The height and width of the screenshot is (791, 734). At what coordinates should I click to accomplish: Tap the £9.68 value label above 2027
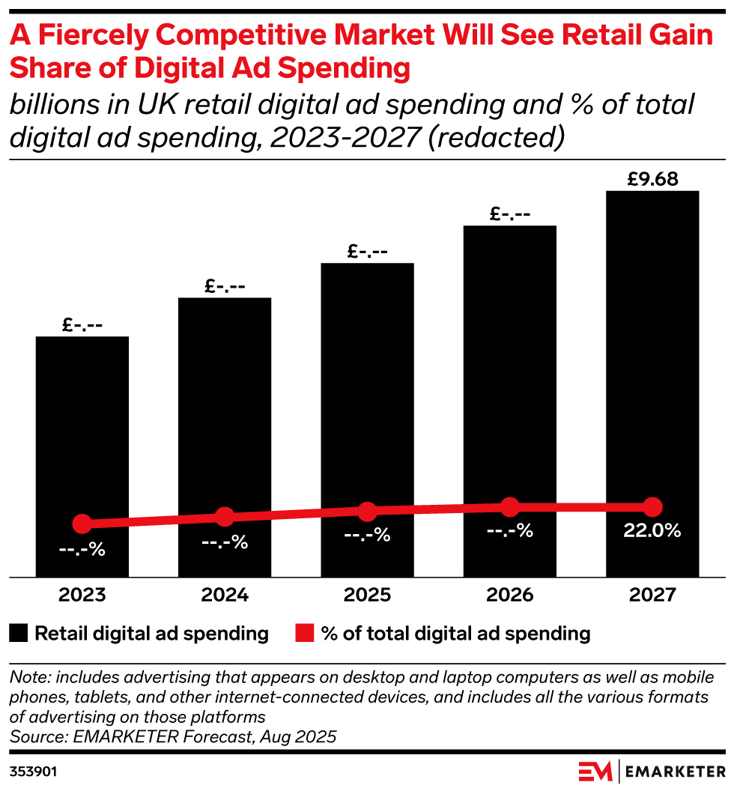point(652,180)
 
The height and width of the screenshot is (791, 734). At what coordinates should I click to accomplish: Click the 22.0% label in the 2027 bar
point(652,531)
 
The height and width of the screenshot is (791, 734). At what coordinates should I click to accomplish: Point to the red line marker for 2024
point(225,516)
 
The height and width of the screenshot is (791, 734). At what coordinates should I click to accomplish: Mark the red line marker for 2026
point(510,507)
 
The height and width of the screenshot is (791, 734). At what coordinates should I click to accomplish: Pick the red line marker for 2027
point(652,506)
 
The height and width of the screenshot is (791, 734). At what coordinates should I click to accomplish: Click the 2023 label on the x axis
point(82,595)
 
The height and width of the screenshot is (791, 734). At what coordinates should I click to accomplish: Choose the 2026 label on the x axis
point(510,595)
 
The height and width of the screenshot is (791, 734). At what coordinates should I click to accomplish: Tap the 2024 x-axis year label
point(225,595)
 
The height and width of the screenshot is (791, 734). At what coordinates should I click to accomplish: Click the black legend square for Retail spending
point(19,634)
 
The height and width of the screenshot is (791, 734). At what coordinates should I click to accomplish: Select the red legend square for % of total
point(303,634)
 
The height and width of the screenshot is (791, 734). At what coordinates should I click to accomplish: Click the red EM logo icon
point(596,771)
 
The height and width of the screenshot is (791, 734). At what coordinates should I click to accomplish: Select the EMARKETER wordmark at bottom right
point(675,771)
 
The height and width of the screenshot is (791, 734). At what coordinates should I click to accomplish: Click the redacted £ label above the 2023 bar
point(82,326)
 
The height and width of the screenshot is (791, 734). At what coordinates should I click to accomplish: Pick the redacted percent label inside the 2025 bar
point(367,536)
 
